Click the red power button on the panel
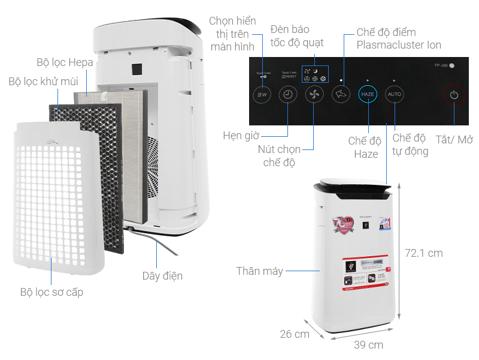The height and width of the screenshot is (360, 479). (454, 95)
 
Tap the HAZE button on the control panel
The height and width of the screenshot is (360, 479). (368, 95)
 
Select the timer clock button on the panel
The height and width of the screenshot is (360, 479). (288, 95)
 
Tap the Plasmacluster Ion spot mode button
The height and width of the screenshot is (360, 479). (341, 95)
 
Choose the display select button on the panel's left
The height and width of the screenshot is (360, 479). (262, 95)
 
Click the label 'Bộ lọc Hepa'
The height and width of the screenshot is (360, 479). (65, 62)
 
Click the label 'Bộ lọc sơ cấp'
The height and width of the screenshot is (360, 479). (51, 292)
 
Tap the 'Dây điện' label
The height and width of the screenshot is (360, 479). (162, 276)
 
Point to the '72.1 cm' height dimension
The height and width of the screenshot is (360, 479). (423, 253)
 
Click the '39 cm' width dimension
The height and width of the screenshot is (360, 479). (368, 345)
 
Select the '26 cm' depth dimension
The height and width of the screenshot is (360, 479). (295, 334)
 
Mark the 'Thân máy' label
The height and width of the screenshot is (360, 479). (259, 271)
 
